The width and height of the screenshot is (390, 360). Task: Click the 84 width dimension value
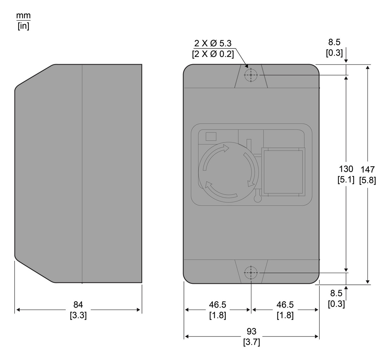78,305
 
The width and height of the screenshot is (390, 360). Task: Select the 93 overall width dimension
251,331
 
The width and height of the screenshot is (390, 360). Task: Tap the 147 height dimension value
368,169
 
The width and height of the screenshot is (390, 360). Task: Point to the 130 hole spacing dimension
346,169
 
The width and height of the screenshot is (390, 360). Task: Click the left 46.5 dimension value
217,305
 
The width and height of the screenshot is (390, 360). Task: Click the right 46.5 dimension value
285,305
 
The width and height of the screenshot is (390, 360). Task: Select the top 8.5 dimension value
334,42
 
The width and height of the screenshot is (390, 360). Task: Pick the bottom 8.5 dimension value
336,293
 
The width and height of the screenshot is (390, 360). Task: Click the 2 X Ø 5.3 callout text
213,43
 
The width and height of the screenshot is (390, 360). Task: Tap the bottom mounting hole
251,272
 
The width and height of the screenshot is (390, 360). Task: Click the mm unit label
23,16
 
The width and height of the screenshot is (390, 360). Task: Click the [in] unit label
23,26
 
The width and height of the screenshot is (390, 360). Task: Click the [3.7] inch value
251,342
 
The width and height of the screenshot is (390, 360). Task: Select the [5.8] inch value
368,180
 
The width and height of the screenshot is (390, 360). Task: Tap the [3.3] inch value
78,315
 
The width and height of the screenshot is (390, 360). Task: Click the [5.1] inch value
346,180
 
